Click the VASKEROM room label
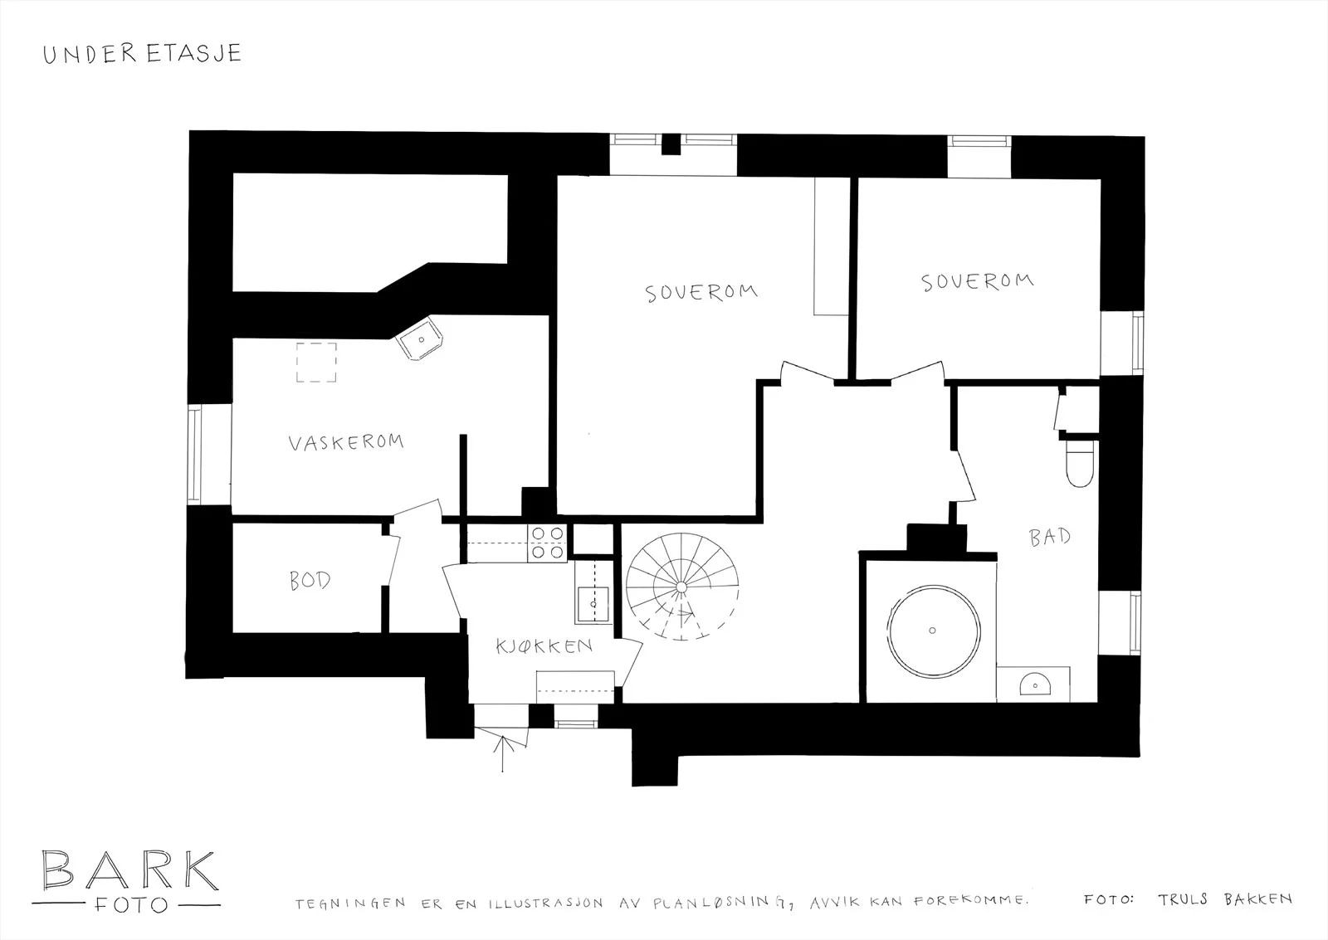346,442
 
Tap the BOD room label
310,580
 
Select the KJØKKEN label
544,645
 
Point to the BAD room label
1050,537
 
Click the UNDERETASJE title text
142,53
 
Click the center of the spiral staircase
681,587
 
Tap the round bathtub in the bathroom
933,631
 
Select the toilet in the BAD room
1080,462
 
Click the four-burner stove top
547,543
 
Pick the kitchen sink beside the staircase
593,604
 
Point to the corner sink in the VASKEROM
420,338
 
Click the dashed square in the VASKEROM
316,362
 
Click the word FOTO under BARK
131,905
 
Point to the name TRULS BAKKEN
1225,899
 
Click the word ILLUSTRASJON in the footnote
545,903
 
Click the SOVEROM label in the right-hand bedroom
978,281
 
